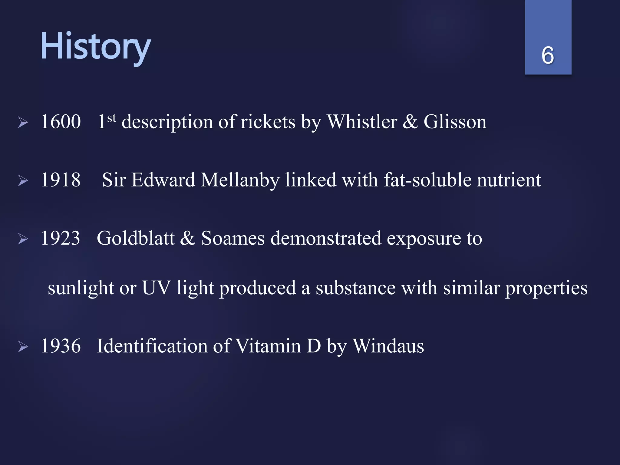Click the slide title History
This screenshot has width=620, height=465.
[95, 47]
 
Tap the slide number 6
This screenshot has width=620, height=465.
[548, 55]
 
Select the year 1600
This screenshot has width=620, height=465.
[61, 122]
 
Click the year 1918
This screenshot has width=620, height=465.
[61, 180]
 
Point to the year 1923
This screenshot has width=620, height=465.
[61, 238]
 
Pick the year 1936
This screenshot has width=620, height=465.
[61, 346]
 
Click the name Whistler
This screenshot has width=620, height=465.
[362, 122]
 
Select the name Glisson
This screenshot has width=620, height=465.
[455, 122]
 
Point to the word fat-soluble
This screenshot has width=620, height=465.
[427, 180]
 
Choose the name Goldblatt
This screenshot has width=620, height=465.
[136, 238]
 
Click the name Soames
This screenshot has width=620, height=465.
[233, 238]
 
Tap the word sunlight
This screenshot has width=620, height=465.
[81, 288]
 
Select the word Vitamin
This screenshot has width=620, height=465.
[268, 346]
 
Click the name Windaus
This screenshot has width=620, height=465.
[388, 346]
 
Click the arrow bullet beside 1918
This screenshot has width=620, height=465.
[23, 181]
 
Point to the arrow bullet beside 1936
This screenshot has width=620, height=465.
[23, 347]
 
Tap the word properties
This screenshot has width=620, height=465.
[546, 288]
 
